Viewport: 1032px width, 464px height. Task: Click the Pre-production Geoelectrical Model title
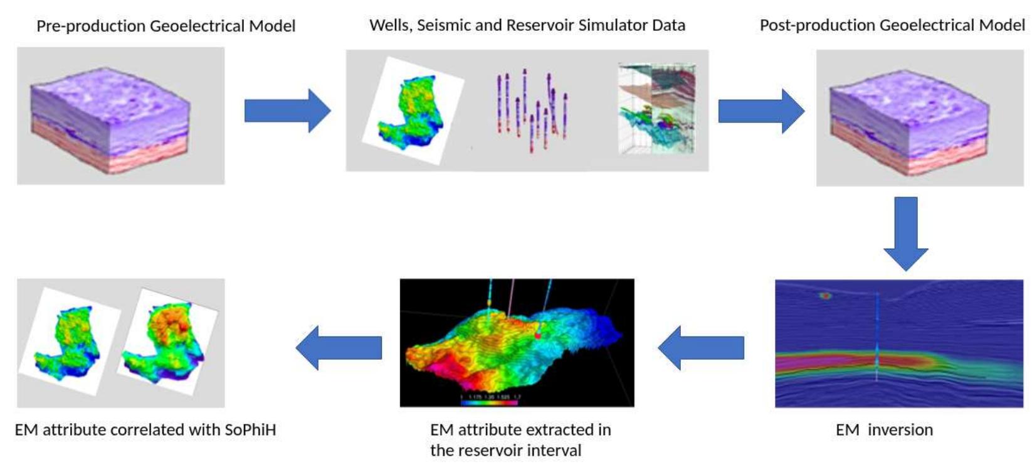pos(166,26)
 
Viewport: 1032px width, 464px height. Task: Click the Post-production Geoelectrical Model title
pos(892,25)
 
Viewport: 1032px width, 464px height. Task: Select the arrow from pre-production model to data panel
pos(287,111)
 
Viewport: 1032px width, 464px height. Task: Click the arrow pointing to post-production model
pos(760,111)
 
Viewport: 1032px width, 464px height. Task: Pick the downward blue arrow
pos(905,232)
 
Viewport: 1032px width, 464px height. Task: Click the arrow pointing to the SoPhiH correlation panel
pos(339,347)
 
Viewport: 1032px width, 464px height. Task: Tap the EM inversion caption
pos(884,430)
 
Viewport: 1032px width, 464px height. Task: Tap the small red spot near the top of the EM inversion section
pos(826,295)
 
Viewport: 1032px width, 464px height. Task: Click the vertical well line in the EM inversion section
pos(877,339)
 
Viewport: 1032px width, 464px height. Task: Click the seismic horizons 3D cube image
pos(656,108)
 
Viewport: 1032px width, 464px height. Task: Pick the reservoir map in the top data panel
pos(412,112)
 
